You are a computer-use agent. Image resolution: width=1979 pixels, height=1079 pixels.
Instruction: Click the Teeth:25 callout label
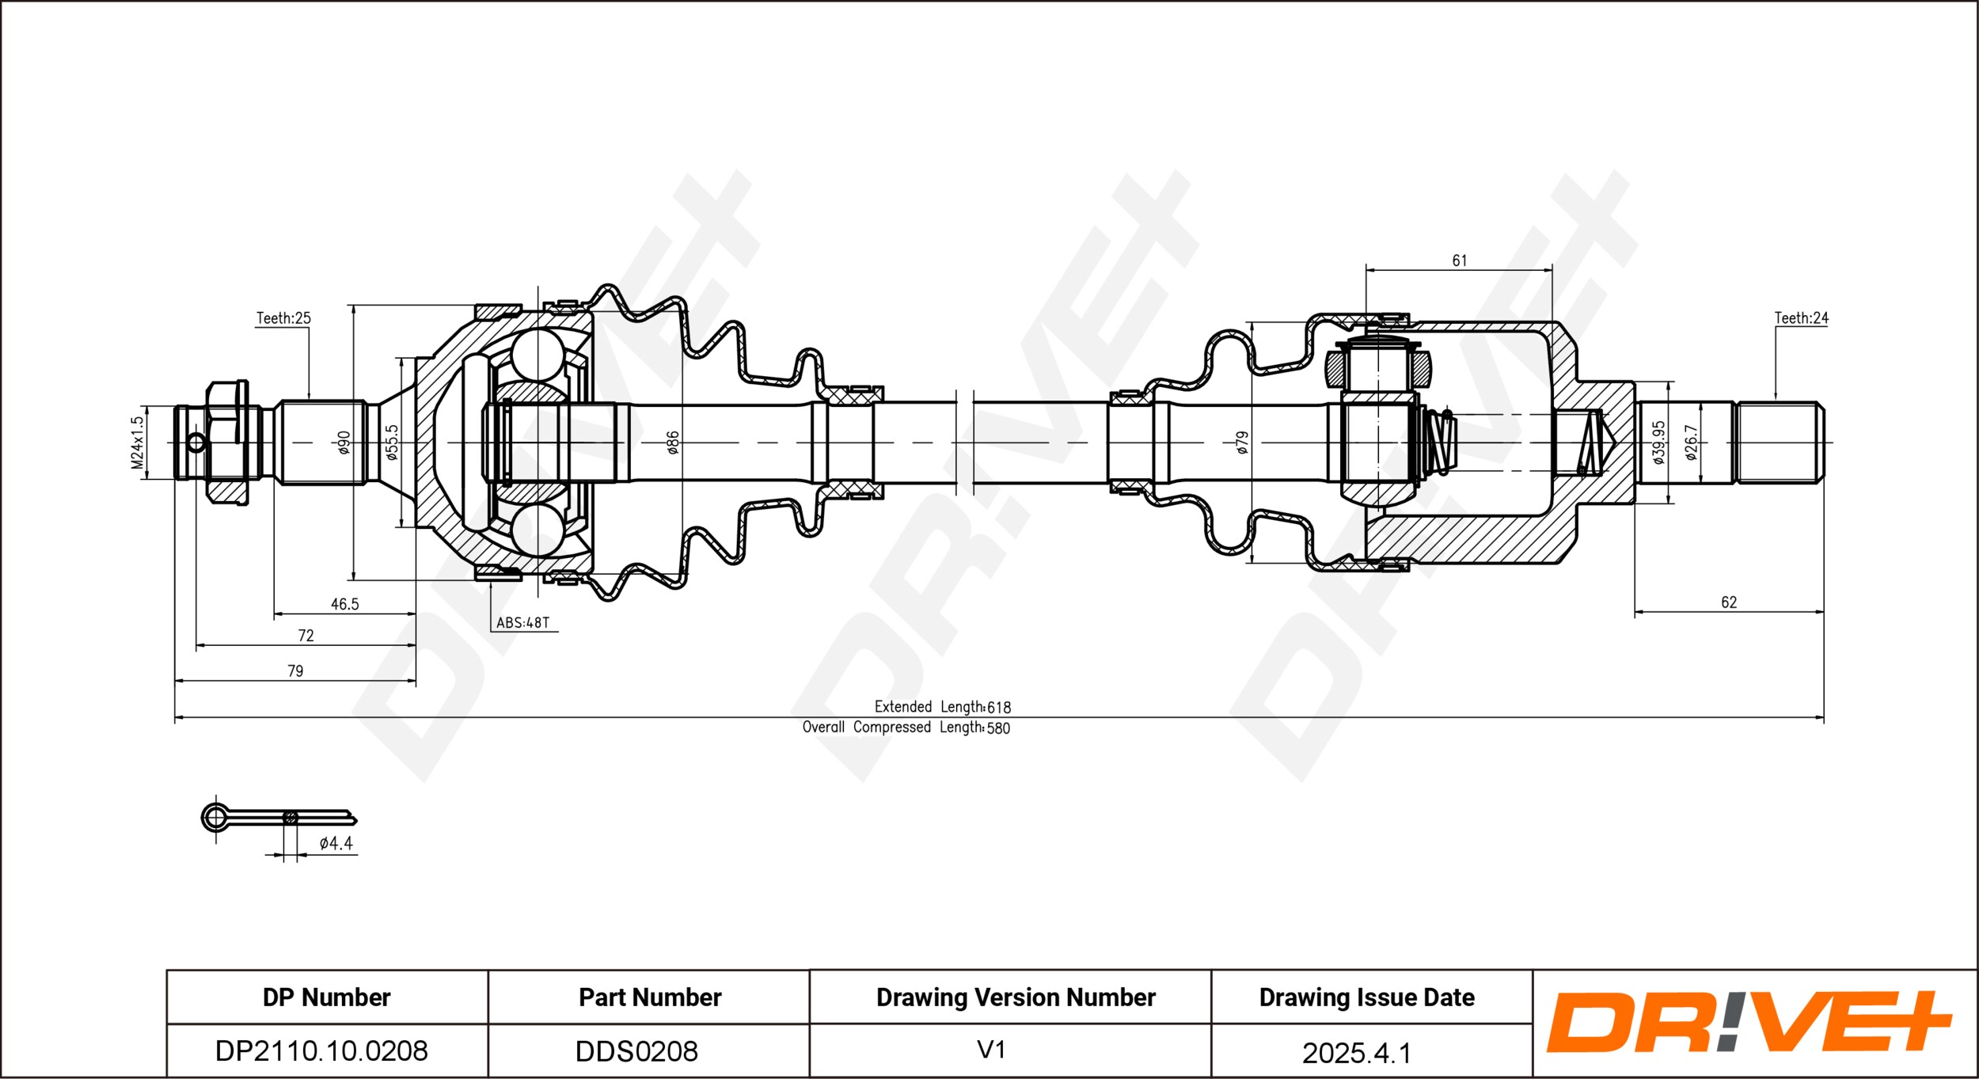(x=283, y=318)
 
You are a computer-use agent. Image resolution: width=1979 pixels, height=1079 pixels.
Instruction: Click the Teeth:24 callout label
(x=1801, y=318)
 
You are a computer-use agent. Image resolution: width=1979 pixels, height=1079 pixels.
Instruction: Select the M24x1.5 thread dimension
(x=138, y=443)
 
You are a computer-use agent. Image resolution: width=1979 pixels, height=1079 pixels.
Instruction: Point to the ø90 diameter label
(x=344, y=443)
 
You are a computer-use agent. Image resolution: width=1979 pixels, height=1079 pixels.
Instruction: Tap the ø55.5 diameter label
(x=392, y=442)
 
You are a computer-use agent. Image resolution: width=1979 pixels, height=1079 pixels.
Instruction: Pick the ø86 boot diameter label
(x=673, y=443)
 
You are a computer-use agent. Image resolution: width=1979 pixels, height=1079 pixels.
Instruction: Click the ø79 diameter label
(x=1242, y=442)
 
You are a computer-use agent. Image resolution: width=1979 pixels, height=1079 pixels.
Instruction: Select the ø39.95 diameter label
(x=1659, y=442)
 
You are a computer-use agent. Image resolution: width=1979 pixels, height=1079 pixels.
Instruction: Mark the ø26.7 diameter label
(x=1692, y=442)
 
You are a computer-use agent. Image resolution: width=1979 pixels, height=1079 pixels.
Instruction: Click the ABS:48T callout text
(x=522, y=623)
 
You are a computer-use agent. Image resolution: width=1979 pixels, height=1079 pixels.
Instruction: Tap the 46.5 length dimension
(x=344, y=605)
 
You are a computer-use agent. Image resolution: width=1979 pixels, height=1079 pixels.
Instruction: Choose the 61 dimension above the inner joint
(x=1460, y=260)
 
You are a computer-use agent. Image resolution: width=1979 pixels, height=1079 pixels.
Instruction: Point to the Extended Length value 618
(x=999, y=708)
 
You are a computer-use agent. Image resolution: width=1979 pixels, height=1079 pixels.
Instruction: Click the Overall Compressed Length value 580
(x=998, y=728)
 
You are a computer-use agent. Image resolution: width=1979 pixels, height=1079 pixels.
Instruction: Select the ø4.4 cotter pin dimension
(x=336, y=844)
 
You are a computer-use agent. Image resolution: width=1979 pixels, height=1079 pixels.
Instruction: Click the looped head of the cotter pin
(x=215, y=817)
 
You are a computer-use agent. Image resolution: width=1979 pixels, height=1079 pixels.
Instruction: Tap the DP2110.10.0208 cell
(x=321, y=1051)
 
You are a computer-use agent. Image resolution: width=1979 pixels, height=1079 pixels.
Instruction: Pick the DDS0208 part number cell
(x=636, y=1051)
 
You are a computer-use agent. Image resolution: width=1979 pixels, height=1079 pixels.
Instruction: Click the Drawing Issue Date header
(x=1366, y=997)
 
